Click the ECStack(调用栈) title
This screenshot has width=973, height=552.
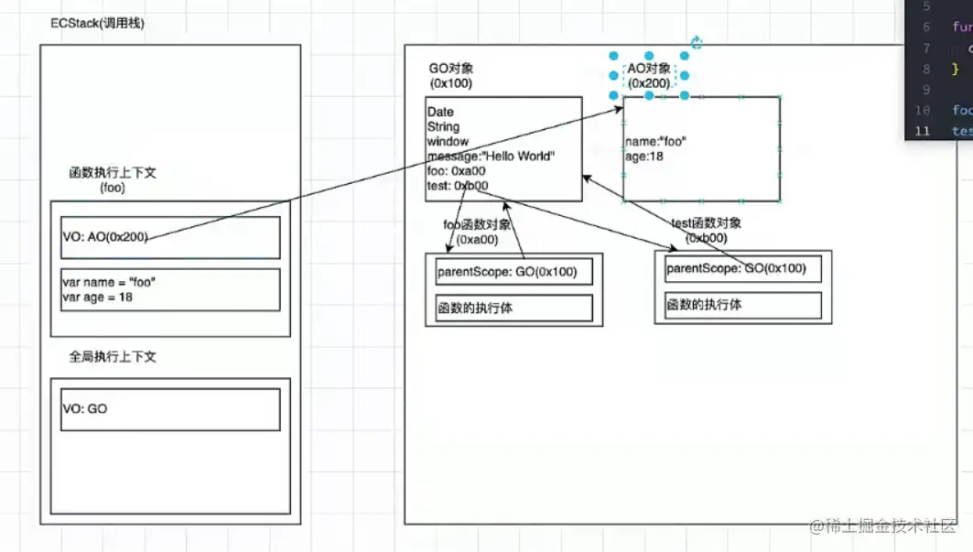97,23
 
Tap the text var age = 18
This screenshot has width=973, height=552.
97,297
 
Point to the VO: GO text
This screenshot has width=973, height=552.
85,408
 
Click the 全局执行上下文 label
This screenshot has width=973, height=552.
113,356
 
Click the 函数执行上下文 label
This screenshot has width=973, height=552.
113,172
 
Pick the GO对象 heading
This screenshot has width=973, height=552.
451,69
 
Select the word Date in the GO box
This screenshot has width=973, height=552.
440,113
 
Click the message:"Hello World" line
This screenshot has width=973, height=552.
490,156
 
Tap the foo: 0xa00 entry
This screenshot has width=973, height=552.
456,170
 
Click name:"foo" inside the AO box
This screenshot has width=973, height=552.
655,142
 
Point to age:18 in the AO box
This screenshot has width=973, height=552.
644,157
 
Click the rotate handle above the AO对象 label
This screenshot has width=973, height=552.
696,42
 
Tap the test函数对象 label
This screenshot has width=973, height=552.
706,222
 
